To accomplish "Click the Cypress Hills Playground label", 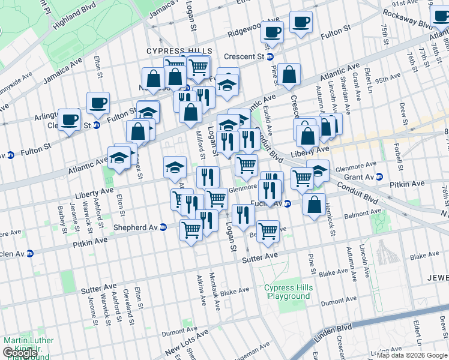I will (289, 292).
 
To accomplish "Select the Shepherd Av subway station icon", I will (163, 227).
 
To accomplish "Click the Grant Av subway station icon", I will (379, 176).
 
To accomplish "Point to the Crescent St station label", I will (244, 56).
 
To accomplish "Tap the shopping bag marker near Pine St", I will (289, 74).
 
